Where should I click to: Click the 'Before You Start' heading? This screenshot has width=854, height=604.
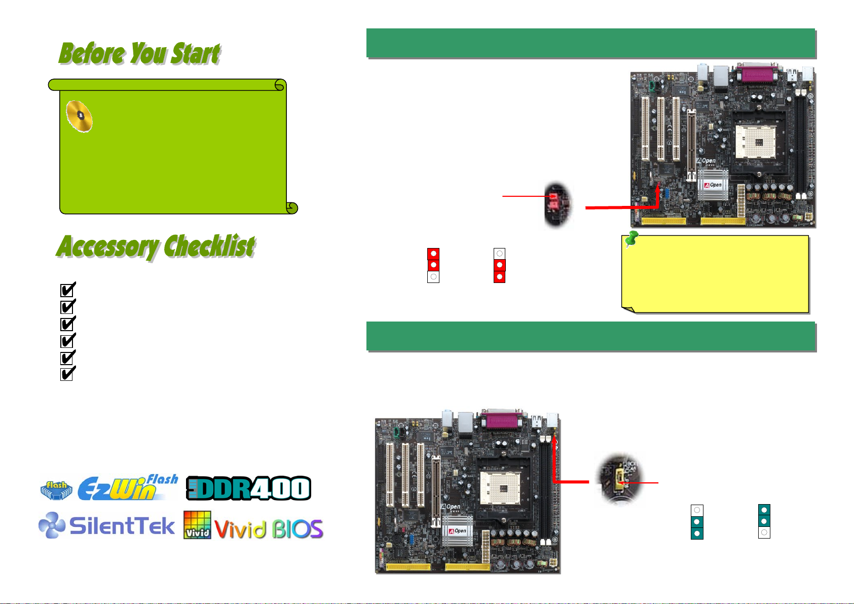point(139,54)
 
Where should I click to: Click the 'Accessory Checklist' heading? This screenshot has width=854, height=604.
point(156,247)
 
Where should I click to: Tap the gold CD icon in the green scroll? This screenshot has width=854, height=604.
point(80,116)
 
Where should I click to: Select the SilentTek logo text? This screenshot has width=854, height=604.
point(122,526)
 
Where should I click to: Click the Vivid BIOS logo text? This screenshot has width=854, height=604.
point(269,529)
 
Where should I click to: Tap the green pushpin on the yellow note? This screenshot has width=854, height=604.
point(631,239)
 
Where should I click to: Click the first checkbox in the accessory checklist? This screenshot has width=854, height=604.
point(67,290)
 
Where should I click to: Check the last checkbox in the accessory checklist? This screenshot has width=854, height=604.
point(67,374)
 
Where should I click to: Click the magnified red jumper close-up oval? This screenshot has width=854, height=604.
point(558,203)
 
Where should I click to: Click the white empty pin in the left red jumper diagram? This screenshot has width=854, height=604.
point(433,277)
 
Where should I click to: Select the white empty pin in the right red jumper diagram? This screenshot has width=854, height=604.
point(500,254)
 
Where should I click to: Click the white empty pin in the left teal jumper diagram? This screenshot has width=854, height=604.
point(697,510)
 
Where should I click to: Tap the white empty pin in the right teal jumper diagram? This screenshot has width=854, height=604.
point(764,532)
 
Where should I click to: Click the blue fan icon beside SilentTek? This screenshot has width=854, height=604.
point(52,525)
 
